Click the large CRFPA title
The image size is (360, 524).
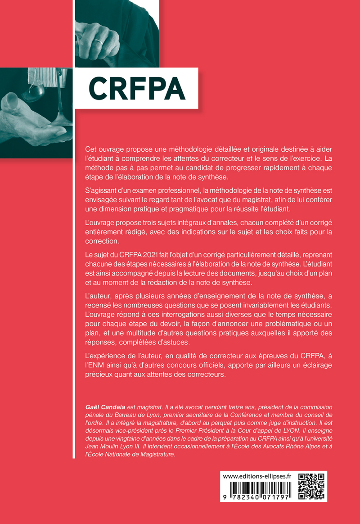tap(137, 89)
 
